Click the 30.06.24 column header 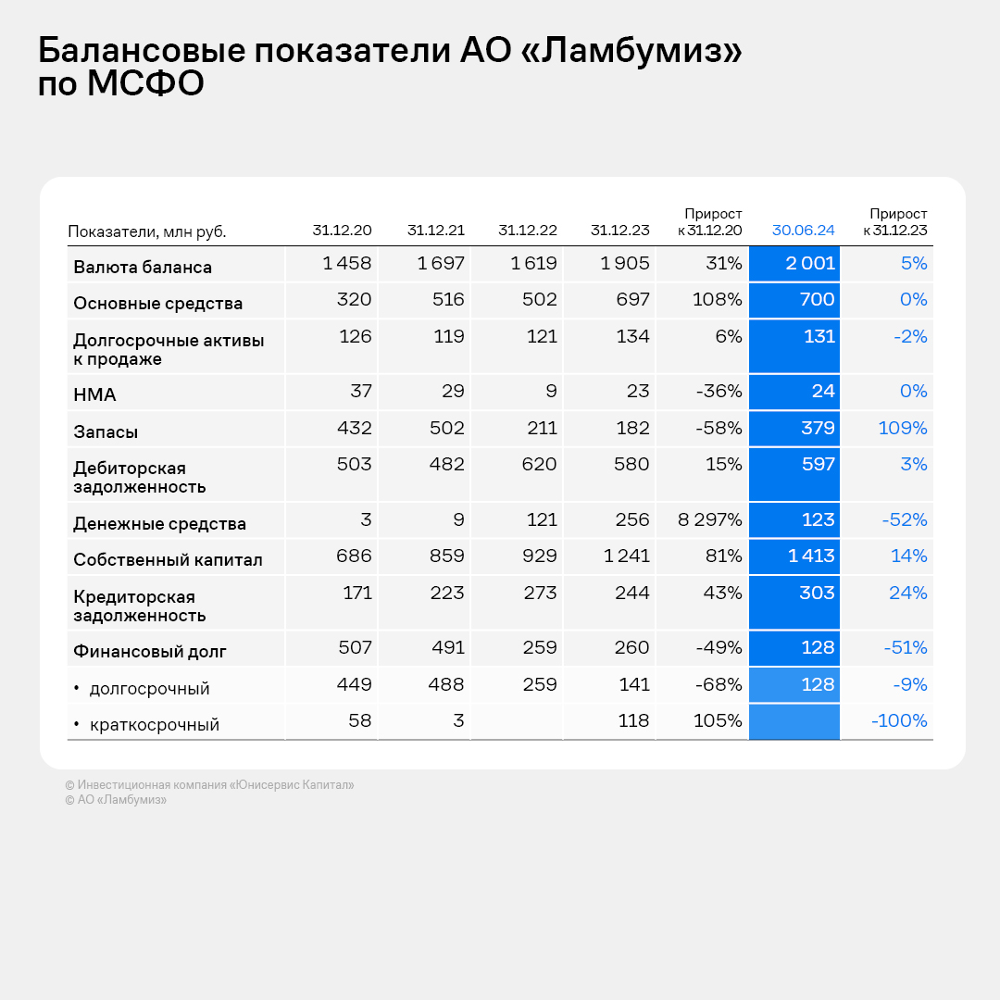(x=803, y=231)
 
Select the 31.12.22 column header (x=528, y=231)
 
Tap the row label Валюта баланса (x=143, y=268)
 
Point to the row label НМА (x=94, y=395)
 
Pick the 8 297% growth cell (x=709, y=519)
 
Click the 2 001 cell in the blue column (x=809, y=263)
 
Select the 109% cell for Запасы (x=902, y=428)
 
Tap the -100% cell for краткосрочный (x=898, y=720)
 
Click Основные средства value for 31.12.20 (x=353, y=299)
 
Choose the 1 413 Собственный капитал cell (x=809, y=556)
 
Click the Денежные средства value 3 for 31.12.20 (x=366, y=519)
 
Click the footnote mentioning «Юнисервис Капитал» (x=209, y=785)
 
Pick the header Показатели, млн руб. (x=147, y=231)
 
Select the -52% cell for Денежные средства (x=904, y=519)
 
